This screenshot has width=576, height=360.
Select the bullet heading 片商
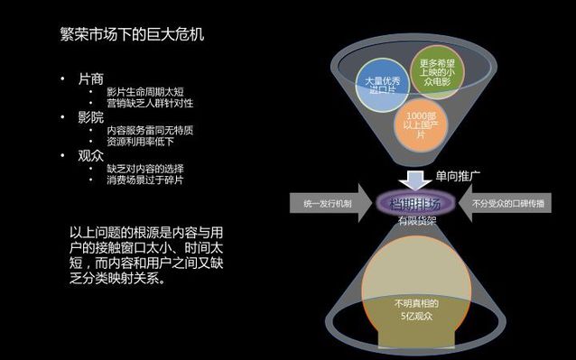92,79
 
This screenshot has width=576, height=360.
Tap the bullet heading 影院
92,117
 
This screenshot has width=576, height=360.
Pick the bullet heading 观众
92,155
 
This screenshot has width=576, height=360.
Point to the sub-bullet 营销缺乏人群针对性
150,104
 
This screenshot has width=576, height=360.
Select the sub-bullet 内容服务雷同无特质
150,130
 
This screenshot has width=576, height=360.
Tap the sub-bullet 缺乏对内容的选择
144,168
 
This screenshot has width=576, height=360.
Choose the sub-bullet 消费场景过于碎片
144,180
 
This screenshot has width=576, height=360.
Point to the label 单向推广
459,176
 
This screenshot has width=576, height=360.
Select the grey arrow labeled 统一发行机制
328,204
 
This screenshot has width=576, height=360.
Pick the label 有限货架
414,219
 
